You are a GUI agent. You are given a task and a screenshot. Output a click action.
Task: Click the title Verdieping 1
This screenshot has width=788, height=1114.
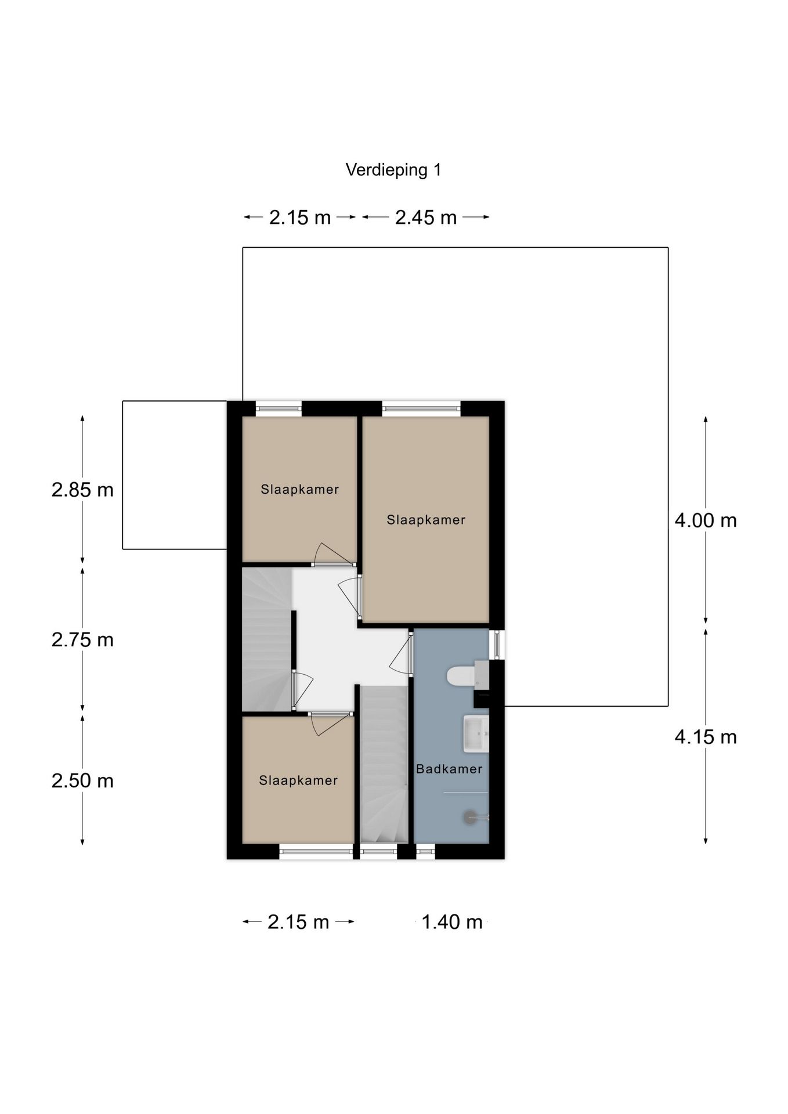[x=393, y=170]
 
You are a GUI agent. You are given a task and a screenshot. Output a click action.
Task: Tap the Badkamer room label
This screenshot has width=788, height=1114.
[x=449, y=769]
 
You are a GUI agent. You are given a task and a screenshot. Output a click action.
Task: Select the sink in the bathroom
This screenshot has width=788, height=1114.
[x=476, y=733]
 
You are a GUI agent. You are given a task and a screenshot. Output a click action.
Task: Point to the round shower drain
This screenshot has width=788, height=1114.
[x=469, y=817]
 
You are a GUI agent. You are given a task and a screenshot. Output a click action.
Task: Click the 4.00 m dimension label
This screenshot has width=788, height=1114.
[x=706, y=520]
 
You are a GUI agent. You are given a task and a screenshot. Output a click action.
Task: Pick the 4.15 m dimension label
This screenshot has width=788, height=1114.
[x=706, y=737]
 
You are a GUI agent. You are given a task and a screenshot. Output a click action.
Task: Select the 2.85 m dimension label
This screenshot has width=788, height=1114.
[x=82, y=490]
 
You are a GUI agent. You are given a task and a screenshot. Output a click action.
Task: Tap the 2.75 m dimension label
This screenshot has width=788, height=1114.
[x=82, y=640]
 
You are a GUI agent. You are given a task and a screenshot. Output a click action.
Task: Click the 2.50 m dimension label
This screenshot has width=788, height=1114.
[x=82, y=781]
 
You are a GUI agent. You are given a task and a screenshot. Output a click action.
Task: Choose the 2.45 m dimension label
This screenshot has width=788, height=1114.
[x=426, y=218]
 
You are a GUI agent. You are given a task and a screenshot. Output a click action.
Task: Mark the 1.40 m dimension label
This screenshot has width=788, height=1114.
[x=452, y=922]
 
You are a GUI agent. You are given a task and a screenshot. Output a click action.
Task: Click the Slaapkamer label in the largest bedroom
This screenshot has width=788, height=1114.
[x=426, y=520]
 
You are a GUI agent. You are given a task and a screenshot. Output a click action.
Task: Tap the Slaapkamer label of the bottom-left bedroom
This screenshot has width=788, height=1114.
[x=298, y=780]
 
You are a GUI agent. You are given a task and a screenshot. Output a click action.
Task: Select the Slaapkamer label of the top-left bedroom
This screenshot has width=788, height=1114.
[x=299, y=489]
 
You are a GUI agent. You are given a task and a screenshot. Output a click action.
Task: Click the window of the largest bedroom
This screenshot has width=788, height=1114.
[x=421, y=408]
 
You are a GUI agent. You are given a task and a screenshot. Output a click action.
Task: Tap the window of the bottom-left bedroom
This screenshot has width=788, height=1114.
[x=316, y=852]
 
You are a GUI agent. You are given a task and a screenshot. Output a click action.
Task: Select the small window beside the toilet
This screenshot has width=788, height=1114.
[x=497, y=644]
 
